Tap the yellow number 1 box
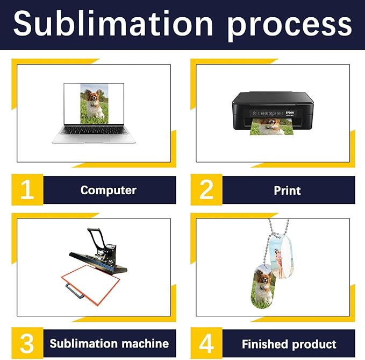point(27,190)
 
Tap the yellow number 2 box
point(206,190)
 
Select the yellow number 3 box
point(27,343)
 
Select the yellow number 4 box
point(206,343)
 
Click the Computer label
point(109,190)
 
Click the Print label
point(287,190)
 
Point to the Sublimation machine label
point(109,343)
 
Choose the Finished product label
point(289,344)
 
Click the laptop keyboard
point(94,131)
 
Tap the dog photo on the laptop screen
point(94,102)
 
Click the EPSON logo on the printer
point(289,114)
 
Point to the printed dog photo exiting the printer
point(271,128)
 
